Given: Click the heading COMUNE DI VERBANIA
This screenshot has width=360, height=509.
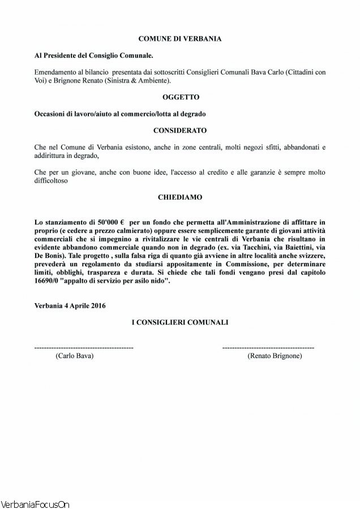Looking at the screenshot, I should pyautogui.click(x=180, y=39).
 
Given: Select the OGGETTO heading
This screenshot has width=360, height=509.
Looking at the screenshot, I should pyautogui.click(x=180, y=97).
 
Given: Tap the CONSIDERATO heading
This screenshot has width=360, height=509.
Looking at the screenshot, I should pyautogui.click(x=180, y=130).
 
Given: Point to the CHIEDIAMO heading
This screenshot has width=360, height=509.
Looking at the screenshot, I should pyautogui.click(x=180, y=198).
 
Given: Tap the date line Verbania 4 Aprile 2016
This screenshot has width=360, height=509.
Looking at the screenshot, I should pyautogui.click(x=70, y=305).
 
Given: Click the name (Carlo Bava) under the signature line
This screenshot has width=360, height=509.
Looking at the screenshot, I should pyautogui.click(x=74, y=356).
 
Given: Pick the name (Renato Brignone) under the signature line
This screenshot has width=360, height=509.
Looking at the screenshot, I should pyautogui.click(x=275, y=356).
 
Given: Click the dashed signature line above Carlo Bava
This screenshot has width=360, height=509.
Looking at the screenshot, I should pyautogui.click(x=84, y=347).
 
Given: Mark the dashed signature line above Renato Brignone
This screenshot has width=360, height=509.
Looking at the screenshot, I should pyautogui.click(x=268, y=347).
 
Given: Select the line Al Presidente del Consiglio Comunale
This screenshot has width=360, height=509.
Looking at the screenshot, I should pyautogui.click(x=93, y=57).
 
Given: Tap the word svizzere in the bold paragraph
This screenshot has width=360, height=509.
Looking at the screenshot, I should pyautogui.click(x=309, y=256).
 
